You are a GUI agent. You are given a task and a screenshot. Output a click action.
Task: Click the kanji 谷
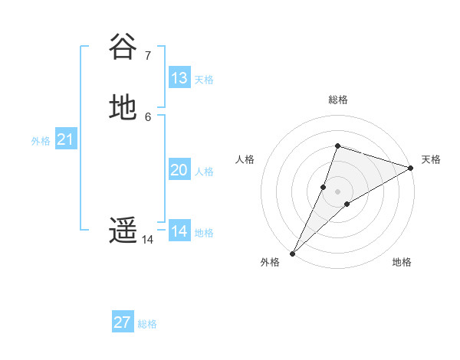pos(123,47)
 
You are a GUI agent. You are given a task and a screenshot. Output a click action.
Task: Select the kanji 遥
pos(123,231)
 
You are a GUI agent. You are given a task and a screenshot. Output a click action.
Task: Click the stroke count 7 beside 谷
pos(147,55)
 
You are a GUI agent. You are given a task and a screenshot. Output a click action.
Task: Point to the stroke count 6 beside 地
pos(147,116)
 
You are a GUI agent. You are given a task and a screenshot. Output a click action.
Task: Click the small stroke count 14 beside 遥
pos(147,240)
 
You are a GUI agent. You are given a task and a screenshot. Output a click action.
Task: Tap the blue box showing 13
pos(179,78)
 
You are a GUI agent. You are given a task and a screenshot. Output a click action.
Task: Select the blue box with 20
pos(179,170)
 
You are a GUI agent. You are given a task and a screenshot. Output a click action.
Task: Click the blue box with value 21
pos(66,139)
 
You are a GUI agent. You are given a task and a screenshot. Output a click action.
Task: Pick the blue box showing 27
pos(123,322)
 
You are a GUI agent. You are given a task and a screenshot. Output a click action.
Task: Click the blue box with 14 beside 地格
pos(179,231)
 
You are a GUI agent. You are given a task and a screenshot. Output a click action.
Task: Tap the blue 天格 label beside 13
pos(204,80)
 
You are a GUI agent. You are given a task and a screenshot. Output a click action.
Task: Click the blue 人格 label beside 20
pos(204,172)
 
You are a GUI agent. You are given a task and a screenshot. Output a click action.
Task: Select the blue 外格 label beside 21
pos(41,141)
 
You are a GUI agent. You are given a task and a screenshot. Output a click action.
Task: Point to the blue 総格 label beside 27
pos(147,324)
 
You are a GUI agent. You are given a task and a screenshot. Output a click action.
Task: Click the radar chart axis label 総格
pos(338,100)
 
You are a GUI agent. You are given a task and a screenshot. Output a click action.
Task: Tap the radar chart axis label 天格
pos(431,159)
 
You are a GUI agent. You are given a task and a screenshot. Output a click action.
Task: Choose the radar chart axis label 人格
pos(245,159)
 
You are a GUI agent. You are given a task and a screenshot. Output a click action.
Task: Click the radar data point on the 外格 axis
pos(292,254)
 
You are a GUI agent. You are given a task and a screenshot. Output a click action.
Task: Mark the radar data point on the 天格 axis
pos(412,168)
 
